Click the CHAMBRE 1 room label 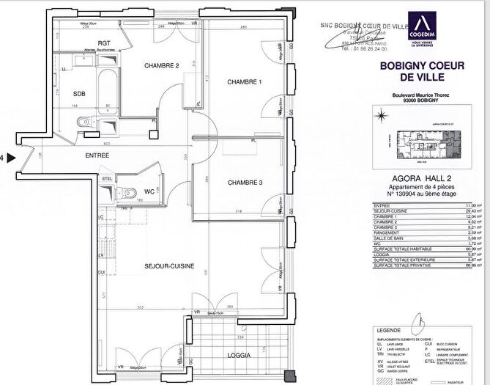pos(245,81)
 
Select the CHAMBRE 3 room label pos(245,183)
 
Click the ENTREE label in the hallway pos(97,155)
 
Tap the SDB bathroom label pos(79,95)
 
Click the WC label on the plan pos(149,191)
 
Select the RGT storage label pos(104,43)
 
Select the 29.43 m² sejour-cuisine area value pos(472,210)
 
